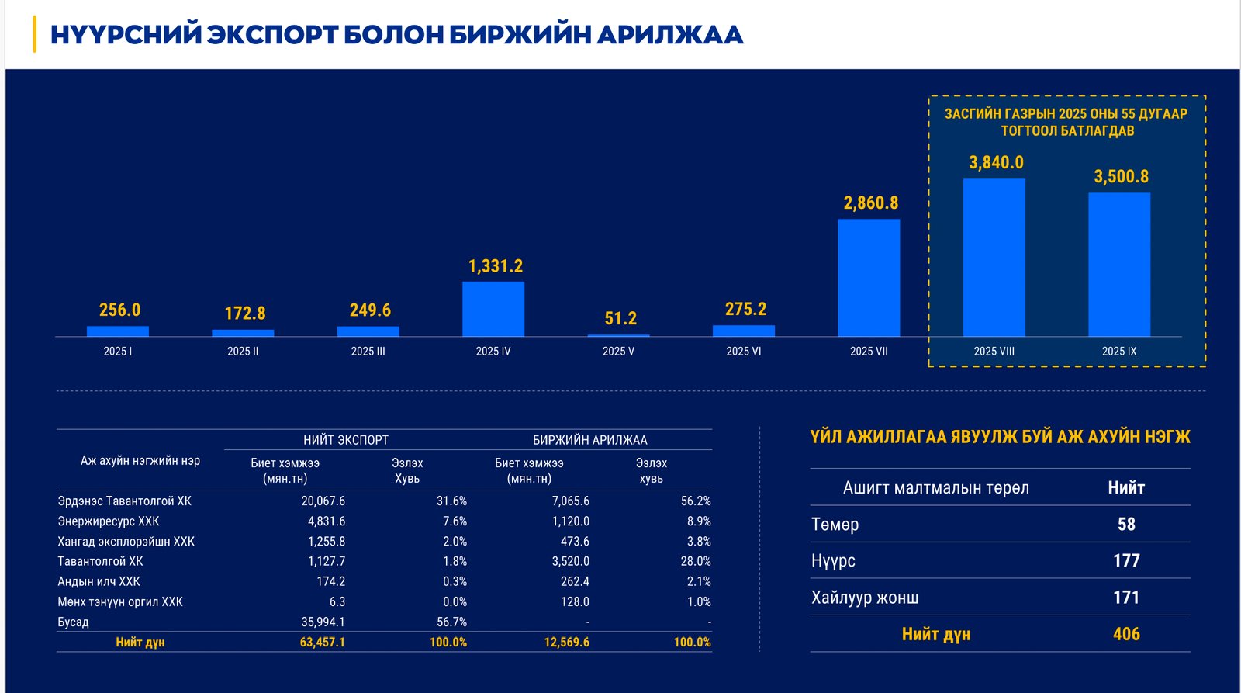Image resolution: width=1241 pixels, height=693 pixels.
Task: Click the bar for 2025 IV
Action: pyautogui.click(x=493, y=309)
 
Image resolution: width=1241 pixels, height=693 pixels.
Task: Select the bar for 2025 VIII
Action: pyautogui.click(x=994, y=258)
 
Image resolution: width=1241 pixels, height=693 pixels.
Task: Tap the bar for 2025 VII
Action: pyautogui.click(x=869, y=278)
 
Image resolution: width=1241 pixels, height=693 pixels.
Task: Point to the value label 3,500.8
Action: pyautogui.click(x=1121, y=177)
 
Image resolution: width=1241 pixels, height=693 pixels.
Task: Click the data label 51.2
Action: pyautogui.click(x=620, y=319)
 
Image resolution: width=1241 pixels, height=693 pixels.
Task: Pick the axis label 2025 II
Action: pyautogui.click(x=243, y=352)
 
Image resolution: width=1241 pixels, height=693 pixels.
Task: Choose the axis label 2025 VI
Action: pyautogui.click(x=743, y=352)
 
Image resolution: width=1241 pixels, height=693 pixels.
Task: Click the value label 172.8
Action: pyautogui.click(x=245, y=314)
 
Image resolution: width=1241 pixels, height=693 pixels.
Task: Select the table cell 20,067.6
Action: pyautogui.click(x=323, y=501)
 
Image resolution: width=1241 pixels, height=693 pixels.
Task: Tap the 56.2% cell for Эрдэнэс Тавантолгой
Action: pyautogui.click(x=696, y=501)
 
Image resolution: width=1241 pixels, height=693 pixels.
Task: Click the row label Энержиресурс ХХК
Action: pyautogui.click(x=109, y=521)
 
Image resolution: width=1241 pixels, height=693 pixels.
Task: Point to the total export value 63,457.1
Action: pyautogui.click(x=323, y=643)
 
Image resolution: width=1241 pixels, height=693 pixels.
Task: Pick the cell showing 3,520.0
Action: pyautogui.click(x=571, y=561)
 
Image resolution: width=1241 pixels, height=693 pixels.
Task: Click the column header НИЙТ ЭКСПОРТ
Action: pyautogui.click(x=346, y=440)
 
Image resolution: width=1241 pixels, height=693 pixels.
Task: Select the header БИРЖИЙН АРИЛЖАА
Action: pyautogui.click(x=589, y=440)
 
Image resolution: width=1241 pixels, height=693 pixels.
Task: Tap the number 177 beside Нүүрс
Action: pyautogui.click(x=1126, y=560)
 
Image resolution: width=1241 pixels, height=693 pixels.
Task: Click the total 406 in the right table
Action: pyautogui.click(x=1126, y=634)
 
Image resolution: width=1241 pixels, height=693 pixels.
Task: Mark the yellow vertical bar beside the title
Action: pyautogui.click(x=34, y=34)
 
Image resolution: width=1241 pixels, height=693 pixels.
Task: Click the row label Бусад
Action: pyautogui.click(x=74, y=622)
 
